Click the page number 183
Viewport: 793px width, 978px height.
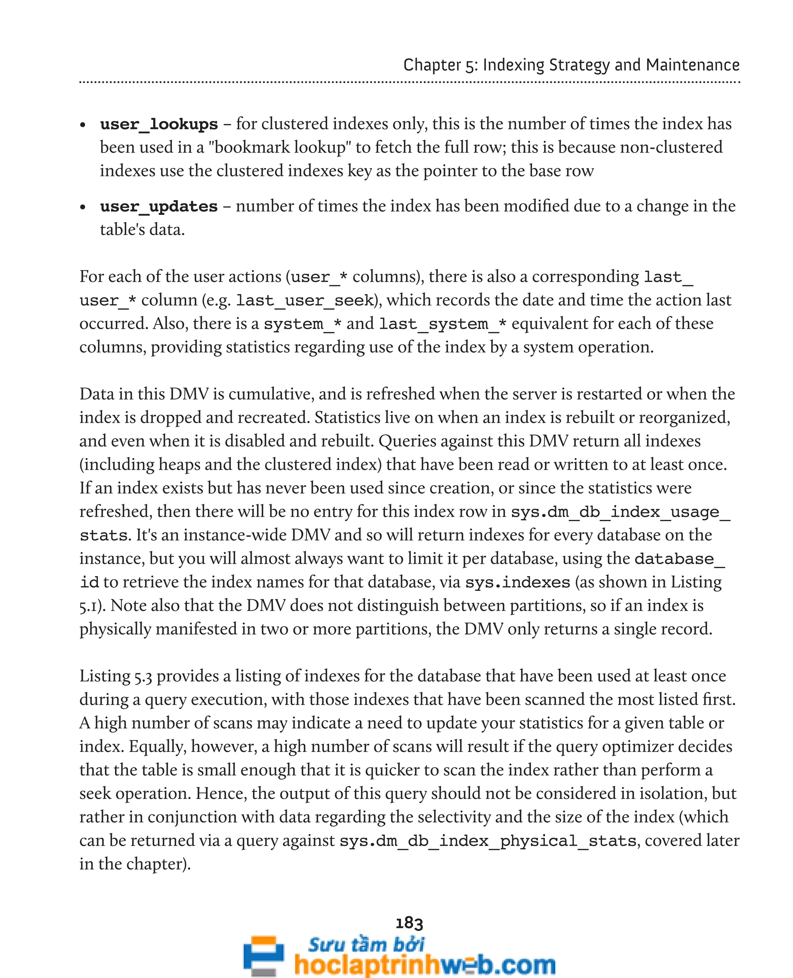tap(409, 923)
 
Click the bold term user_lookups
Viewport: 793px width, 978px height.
tap(159, 124)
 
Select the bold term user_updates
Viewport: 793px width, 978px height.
tap(159, 206)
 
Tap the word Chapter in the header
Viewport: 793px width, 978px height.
tap(432, 65)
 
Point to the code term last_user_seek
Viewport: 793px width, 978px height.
tap(305, 300)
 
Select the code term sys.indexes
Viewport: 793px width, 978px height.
tap(518, 582)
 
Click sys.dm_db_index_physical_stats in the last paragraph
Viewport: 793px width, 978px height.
tap(488, 841)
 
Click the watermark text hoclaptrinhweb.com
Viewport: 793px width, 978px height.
tap(425, 965)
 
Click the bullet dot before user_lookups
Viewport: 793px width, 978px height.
tap(83, 125)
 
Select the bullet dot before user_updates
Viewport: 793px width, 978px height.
tap(83, 208)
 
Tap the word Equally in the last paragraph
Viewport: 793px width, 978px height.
tap(157, 746)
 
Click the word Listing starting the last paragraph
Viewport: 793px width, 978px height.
tap(105, 676)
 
